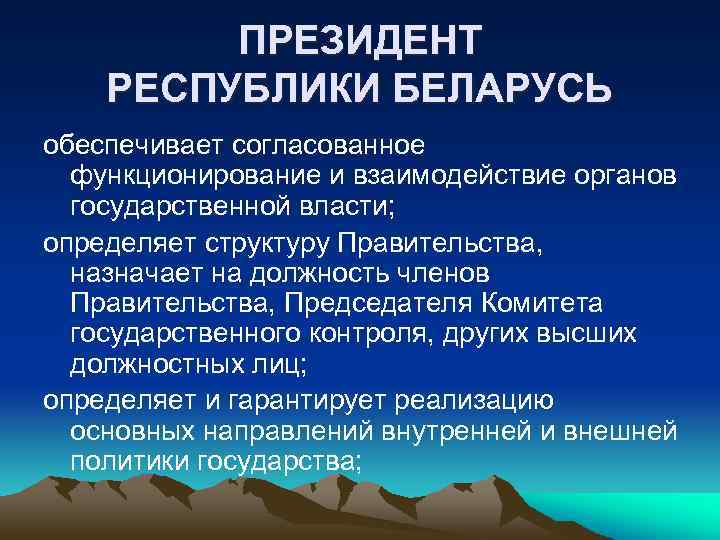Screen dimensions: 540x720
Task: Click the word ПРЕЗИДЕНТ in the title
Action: coord(360,42)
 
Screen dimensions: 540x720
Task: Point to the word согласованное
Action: coord(330,146)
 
